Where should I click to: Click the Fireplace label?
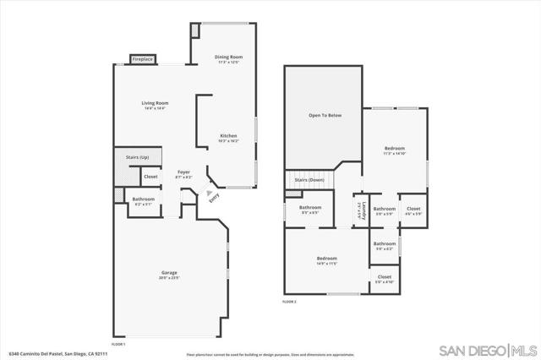(143, 59)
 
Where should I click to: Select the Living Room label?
(155, 105)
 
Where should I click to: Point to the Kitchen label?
(228, 137)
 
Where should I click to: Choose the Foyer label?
(183, 173)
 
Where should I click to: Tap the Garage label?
(170, 274)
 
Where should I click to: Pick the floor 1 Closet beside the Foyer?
(150, 177)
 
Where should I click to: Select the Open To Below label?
(325, 114)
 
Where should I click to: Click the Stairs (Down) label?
(309, 180)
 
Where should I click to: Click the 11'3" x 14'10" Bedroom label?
(395, 150)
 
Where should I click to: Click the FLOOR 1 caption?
(117, 344)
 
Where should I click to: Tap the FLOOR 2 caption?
(289, 301)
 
